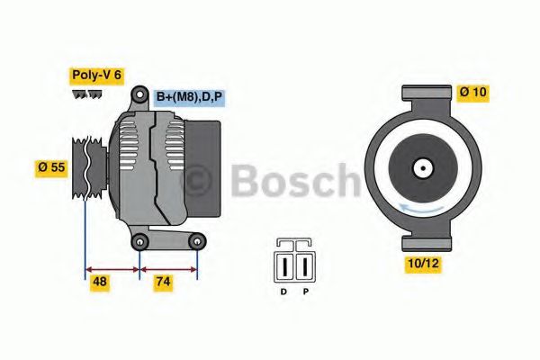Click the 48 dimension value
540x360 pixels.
coord(100,281)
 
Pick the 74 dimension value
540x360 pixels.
coord(162,281)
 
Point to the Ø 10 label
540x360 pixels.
coord(474,91)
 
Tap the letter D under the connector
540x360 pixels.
coord(283,292)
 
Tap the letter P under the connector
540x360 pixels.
coord(305,292)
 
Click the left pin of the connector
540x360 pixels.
coord(283,266)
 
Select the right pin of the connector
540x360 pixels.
coord(305,266)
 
